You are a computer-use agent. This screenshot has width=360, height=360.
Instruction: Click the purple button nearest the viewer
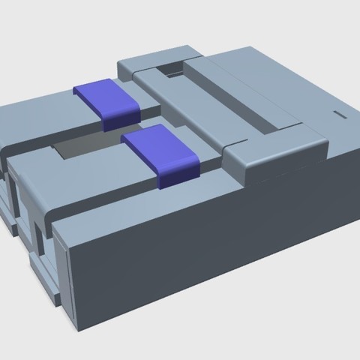pyautogui.click(x=159, y=150)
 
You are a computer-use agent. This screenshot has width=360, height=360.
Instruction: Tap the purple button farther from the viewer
pyautogui.click(x=108, y=100)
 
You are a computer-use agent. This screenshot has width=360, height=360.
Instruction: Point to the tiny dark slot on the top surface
pyautogui.click(x=340, y=115)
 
